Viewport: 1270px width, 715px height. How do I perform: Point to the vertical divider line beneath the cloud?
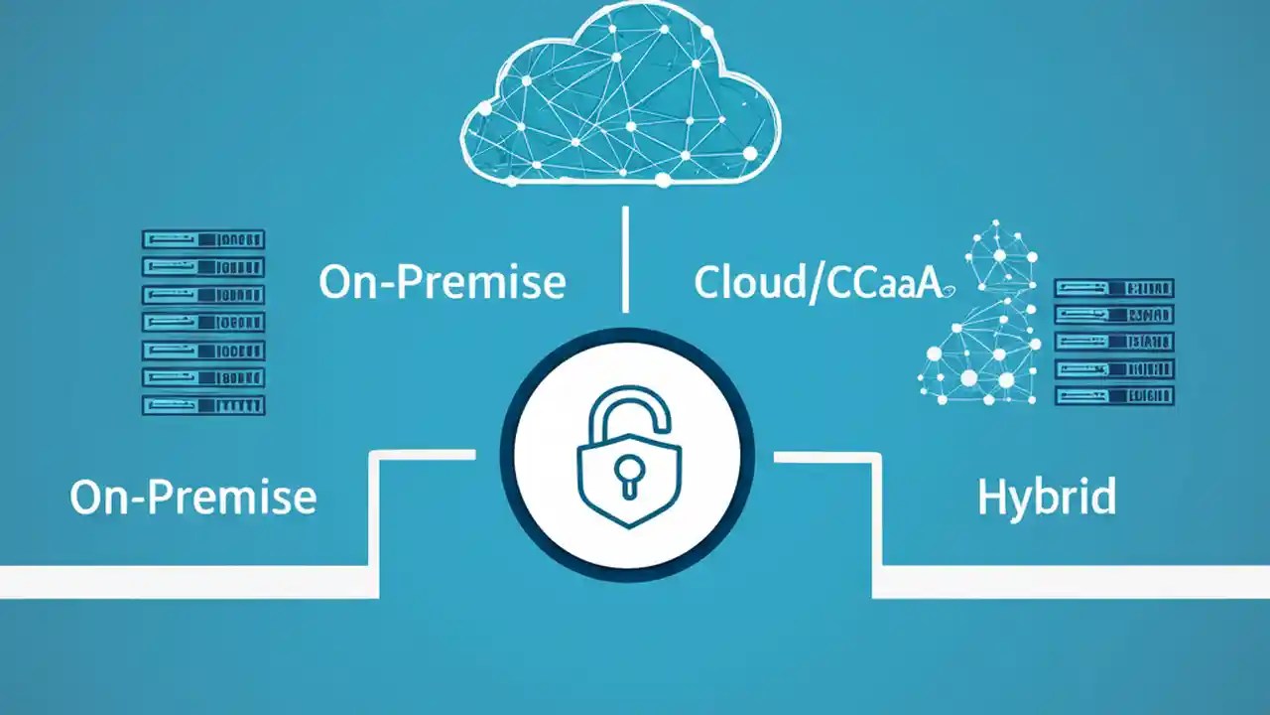pyautogui.click(x=625, y=259)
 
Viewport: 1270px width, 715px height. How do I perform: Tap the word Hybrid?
pyautogui.click(x=1047, y=497)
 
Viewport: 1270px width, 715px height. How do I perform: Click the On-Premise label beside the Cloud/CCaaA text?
pyautogui.click(x=443, y=282)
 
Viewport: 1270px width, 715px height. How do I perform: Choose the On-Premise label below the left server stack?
pyautogui.click(x=193, y=497)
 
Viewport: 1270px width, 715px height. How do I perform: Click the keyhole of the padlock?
pyautogui.click(x=628, y=473)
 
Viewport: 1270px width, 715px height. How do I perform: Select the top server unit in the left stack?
pyautogui.click(x=203, y=239)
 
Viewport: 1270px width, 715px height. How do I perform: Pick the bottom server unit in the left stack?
pyautogui.click(x=203, y=405)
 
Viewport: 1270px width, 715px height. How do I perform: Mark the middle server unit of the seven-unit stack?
pyautogui.click(x=203, y=323)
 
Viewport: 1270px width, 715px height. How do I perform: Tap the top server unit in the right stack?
pyautogui.click(x=1114, y=289)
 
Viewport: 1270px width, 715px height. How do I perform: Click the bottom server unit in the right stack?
pyautogui.click(x=1114, y=395)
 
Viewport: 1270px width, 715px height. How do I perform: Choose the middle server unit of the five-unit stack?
pyautogui.click(x=1114, y=342)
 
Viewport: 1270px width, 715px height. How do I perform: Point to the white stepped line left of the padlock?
pyautogui.click(x=374, y=526)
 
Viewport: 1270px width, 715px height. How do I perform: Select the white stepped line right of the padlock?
pyautogui.click(x=877, y=526)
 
